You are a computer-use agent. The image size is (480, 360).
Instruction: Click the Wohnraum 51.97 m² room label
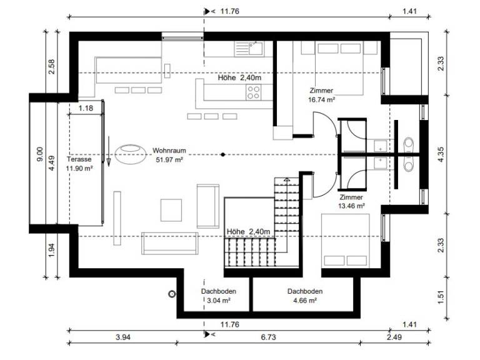169,155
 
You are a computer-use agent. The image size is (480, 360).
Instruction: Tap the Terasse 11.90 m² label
79,164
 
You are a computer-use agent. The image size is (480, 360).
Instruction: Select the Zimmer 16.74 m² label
321,95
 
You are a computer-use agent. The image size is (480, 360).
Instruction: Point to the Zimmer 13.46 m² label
351,201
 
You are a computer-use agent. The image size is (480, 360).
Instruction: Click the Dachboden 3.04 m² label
219,296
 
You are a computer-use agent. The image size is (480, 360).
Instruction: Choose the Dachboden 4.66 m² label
305,296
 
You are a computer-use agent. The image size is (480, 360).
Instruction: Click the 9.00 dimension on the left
40,154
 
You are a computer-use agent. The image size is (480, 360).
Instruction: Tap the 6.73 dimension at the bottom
269,337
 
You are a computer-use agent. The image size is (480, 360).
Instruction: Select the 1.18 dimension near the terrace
86,108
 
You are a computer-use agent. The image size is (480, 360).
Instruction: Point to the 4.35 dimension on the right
441,154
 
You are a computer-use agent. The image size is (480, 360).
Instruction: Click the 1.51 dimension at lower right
441,297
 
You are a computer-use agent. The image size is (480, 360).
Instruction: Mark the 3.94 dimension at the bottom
123,337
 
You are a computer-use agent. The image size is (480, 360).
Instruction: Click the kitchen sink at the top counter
249,49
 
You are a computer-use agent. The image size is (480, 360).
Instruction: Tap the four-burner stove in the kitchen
254,92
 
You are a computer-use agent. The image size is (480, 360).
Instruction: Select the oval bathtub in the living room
131,154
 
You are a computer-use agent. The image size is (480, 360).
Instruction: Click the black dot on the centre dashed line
223,154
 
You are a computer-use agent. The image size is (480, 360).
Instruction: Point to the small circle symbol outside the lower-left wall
172,294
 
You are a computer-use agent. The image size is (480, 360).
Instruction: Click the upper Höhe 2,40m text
239,77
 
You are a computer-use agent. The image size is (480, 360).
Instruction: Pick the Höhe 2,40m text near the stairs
248,232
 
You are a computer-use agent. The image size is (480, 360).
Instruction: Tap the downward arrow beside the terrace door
109,151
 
